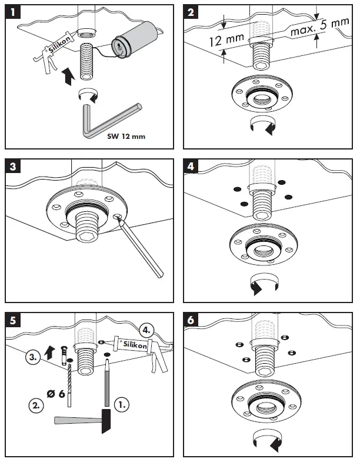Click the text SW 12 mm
click(126, 137)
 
